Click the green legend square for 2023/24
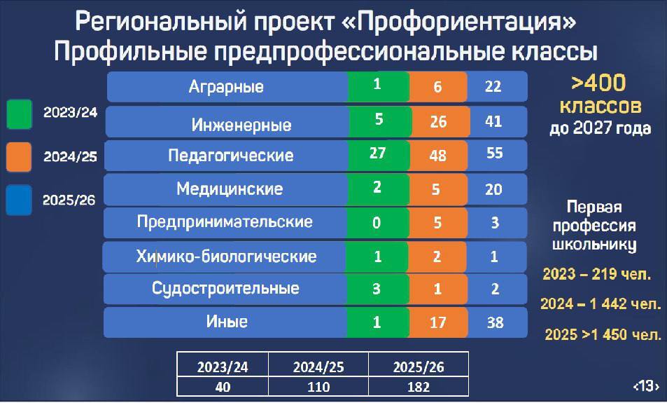click(x=19, y=114)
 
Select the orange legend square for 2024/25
click(x=19, y=157)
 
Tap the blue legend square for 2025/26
click(x=19, y=199)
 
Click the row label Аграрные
click(x=226, y=87)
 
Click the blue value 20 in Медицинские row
click(x=493, y=189)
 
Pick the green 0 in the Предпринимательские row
click(x=377, y=222)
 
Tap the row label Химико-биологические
click(x=226, y=257)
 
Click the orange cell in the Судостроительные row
click(x=437, y=289)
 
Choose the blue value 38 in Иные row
click(x=495, y=322)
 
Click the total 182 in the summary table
click(x=419, y=387)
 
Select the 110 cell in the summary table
click(x=318, y=387)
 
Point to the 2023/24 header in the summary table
click(x=223, y=367)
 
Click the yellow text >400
click(x=598, y=83)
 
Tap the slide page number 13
click(x=647, y=385)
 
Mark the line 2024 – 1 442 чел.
click(x=601, y=303)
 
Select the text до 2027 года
click(x=601, y=128)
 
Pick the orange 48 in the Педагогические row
click(x=437, y=156)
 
